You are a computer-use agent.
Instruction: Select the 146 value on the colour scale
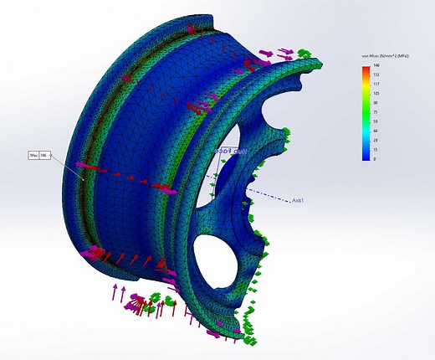click(x=377, y=64)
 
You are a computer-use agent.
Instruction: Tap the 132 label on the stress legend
click(x=377, y=74)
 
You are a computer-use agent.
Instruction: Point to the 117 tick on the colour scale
click(x=377, y=83)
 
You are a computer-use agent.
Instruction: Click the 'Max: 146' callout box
click(x=39, y=155)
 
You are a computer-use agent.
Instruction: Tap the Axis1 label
click(x=297, y=201)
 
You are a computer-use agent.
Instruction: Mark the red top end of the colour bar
click(x=366, y=67)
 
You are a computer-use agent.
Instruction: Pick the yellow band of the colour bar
click(x=366, y=89)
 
